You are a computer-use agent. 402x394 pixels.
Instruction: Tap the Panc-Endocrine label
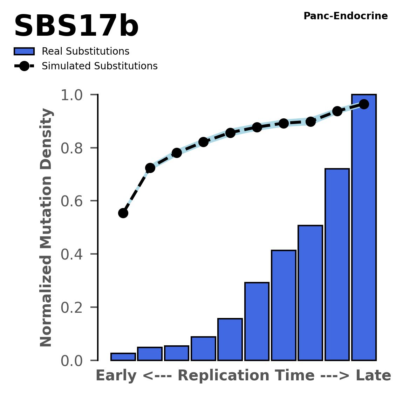(x=345, y=16)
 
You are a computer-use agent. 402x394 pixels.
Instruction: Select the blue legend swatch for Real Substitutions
(x=24, y=51)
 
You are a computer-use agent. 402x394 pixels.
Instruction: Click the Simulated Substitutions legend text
(x=100, y=66)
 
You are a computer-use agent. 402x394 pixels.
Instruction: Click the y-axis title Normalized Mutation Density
(x=46, y=228)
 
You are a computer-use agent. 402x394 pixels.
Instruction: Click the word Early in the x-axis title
(x=116, y=376)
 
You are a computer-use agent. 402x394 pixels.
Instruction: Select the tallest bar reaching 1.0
(x=364, y=228)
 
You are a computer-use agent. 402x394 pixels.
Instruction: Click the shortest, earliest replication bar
(x=123, y=357)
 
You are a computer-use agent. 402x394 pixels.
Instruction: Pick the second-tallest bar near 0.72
(x=337, y=264)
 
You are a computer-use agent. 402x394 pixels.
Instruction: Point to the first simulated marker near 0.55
(x=123, y=213)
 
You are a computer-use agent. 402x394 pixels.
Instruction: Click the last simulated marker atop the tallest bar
(x=364, y=104)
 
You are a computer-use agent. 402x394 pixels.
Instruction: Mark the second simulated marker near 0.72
(x=150, y=168)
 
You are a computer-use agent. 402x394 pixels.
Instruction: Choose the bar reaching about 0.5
(x=310, y=293)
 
